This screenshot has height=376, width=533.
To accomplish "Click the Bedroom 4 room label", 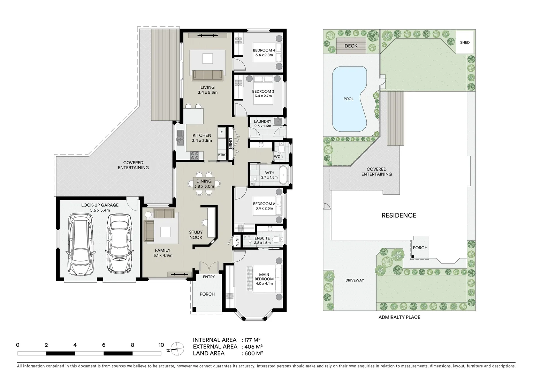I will coord(264,50).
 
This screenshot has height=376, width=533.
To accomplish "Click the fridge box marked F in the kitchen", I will coord(221,133).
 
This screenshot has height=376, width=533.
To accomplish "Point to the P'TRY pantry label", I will coord(221,155).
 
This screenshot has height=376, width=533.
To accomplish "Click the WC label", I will coord(277,157).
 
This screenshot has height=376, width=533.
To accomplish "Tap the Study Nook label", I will coord(196,235).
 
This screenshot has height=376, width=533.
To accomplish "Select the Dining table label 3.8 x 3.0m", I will coord(204,186).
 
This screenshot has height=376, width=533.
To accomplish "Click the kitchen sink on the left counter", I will coord(180,138).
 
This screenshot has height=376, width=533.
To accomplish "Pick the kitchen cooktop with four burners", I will coord(195,155).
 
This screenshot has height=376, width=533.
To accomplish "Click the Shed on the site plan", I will coord(465,42).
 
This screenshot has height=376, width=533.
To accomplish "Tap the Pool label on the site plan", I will coord(348,99).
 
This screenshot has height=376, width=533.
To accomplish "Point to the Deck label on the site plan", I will coord(351,46).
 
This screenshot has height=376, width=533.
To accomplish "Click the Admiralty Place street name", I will coord(399,317).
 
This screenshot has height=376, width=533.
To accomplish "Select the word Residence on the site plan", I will coord(399,215).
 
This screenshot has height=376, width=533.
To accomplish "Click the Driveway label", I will coord(355,280).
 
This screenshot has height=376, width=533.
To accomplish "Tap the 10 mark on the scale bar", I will coord(161,345).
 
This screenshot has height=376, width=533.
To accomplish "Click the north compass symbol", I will coord(177,347).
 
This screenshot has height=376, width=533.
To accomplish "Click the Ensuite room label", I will coord(262,238).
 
